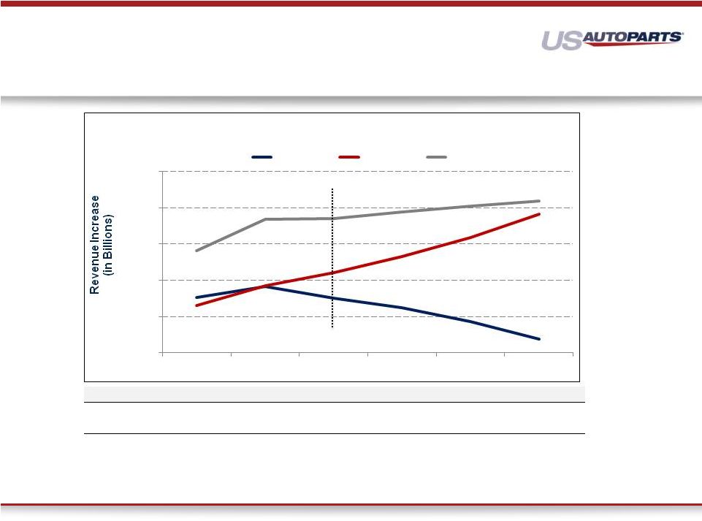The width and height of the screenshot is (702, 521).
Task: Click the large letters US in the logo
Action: click(562, 40)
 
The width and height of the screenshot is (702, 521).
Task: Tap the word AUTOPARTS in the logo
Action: click(632, 37)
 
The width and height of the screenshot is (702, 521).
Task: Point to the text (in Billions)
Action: click(108, 245)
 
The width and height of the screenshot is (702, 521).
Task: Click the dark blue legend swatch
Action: click(262, 157)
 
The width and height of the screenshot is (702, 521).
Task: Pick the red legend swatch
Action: click(349, 157)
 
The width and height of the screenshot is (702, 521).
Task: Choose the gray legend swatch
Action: click(437, 157)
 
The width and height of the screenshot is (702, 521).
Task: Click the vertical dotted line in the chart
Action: click(332, 258)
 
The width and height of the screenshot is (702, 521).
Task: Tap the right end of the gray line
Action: click(539, 201)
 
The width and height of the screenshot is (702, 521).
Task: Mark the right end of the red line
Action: click(539, 214)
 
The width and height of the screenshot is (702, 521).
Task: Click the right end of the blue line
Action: click(539, 339)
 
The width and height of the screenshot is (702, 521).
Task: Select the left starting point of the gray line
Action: click(197, 251)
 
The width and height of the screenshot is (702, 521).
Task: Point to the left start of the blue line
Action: click(197, 297)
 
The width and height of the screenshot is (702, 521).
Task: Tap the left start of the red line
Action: click(197, 305)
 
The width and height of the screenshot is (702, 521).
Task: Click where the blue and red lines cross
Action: click(264, 286)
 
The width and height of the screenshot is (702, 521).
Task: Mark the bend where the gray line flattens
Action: click(265, 219)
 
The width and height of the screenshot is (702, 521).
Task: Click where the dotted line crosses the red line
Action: click(332, 273)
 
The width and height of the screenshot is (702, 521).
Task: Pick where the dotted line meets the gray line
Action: click(332, 218)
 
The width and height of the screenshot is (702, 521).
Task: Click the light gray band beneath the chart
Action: click(335, 395)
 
